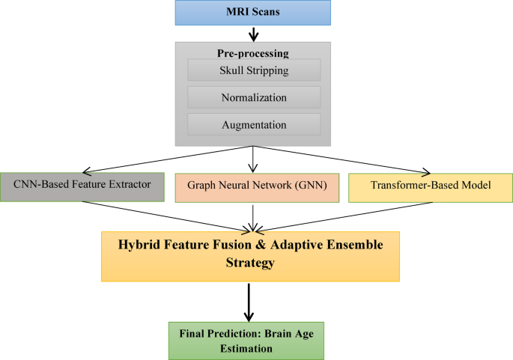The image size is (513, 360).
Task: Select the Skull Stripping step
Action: (x=254, y=71)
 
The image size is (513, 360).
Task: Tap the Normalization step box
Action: (x=254, y=97)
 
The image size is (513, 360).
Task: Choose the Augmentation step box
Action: (x=254, y=123)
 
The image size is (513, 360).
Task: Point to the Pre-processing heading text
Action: (x=254, y=53)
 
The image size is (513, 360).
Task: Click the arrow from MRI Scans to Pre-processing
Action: (x=255, y=34)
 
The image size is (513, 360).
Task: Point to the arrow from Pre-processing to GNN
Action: (x=255, y=159)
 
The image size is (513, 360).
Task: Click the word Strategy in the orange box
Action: (x=251, y=264)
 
